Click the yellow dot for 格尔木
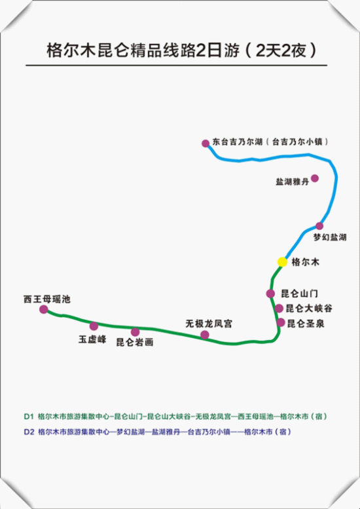(x=283, y=262)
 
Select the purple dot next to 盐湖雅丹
(x=315, y=178)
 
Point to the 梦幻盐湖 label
(x=330, y=237)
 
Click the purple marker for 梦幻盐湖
(x=319, y=226)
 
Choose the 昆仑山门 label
(x=299, y=293)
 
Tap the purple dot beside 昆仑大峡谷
(x=279, y=308)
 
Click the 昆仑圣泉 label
(x=306, y=324)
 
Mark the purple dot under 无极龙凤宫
(x=205, y=335)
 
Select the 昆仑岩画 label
(x=135, y=343)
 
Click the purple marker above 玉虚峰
(x=94, y=326)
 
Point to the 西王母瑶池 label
(x=47, y=299)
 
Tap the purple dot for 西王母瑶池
(x=44, y=309)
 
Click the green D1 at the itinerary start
(x=29, y=417)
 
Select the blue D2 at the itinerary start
(x=29, y=432)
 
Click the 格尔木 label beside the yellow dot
(x=306, y=262)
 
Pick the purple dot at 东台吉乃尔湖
(x=206, y=143)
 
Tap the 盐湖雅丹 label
(x=292, y=182)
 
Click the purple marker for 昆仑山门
(x=270, y=293)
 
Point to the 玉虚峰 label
(x=92, y=339)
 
